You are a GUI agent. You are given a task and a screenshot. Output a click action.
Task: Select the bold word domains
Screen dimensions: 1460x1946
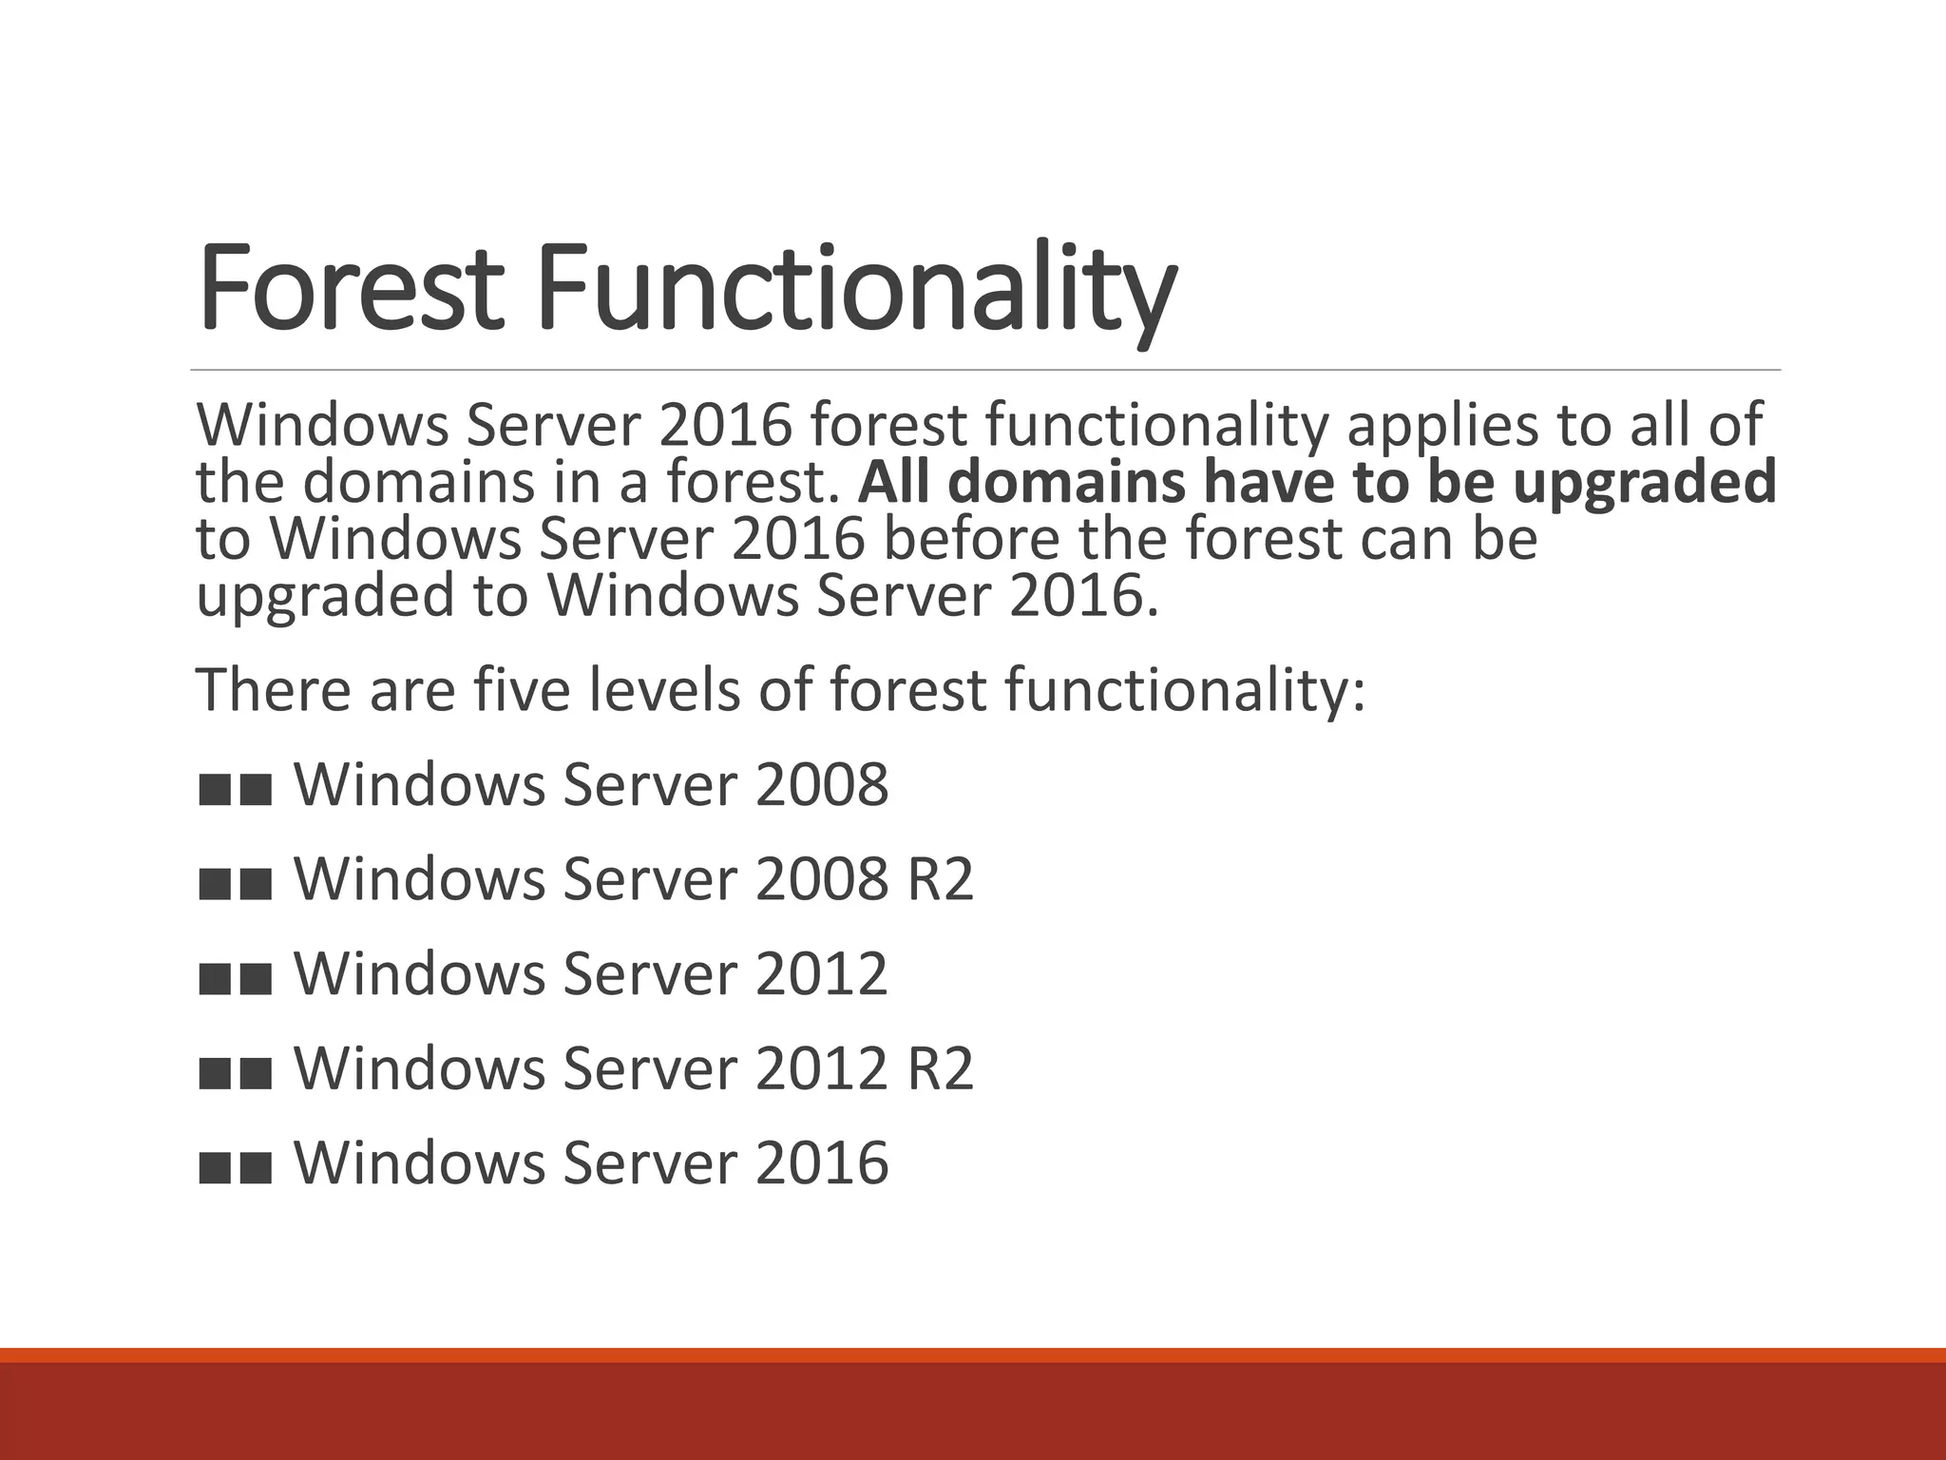click(1066, 481)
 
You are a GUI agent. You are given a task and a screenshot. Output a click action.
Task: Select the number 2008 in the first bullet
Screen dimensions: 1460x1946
click(822, 785)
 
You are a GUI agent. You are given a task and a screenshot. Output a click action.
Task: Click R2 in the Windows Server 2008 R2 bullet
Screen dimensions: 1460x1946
click(940, 879)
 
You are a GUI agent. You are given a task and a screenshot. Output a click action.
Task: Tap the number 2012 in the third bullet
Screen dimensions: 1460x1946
click(822, 974)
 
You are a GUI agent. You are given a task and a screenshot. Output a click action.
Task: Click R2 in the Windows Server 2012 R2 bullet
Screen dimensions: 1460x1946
click(940, 1068)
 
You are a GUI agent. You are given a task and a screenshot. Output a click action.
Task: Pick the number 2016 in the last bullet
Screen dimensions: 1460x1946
click(822, 1162)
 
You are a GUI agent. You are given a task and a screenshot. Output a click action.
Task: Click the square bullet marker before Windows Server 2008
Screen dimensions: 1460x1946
click(236, 789)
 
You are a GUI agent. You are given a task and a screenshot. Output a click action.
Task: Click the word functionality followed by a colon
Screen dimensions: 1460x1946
click(1184, 690)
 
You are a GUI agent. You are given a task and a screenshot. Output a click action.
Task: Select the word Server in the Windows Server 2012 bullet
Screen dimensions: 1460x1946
click(650, 974)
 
